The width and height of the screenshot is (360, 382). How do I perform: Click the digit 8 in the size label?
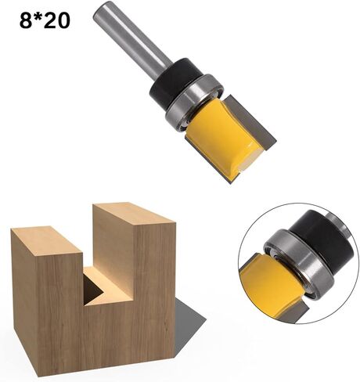click(26, 20)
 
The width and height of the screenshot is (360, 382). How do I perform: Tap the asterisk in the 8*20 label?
click(38, 16)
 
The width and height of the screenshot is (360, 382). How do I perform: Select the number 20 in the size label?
click(56, 20)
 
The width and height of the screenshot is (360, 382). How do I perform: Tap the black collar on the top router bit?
click(175, 81)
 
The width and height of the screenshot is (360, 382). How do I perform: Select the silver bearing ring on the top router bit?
click(194, 101)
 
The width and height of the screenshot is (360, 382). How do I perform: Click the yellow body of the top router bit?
click(220, 135)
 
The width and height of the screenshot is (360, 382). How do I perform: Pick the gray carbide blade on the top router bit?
click(250, 121)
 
